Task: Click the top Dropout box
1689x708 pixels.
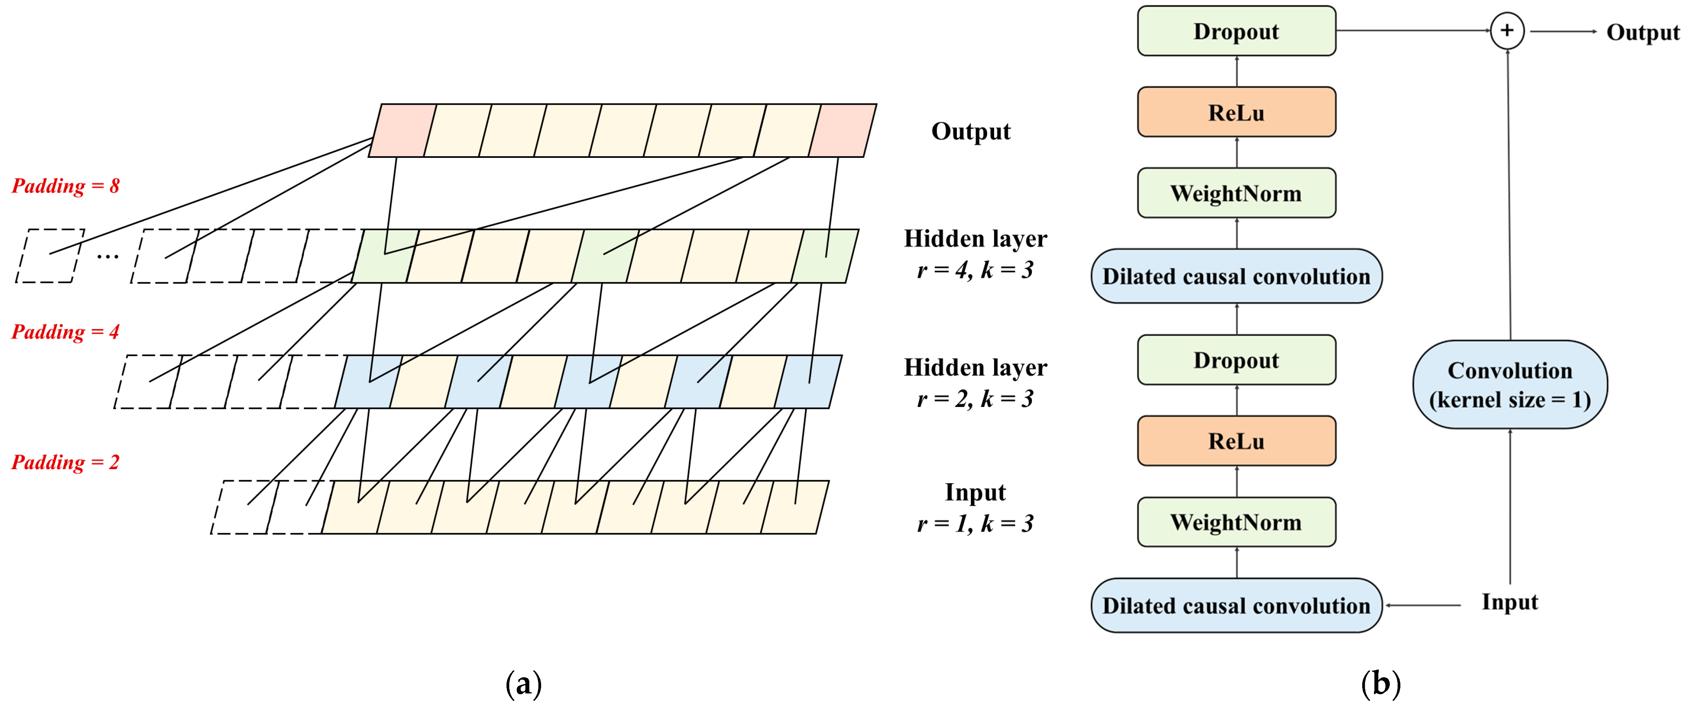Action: tap(1236, 31)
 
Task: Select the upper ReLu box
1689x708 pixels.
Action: tap(1236, 112)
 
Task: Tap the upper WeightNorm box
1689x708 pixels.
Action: tap(1236, 193)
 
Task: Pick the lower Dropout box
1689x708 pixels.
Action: tap(1236, 360)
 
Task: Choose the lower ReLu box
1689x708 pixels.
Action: tap(1236, 441)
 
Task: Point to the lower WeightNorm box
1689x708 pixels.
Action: tap(1236, 521)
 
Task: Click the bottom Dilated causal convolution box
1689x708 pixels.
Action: tap(1236, 605)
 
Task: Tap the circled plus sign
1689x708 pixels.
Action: tap(1507, 31)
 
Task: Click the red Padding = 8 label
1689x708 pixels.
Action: tap(66, 186)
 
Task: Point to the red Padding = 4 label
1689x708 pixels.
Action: tap(66, 331)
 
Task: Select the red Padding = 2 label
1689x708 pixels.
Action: tap(66, 462)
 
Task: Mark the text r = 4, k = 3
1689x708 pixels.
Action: tap(975, 270)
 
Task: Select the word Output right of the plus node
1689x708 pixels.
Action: tap(1643, 32)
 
